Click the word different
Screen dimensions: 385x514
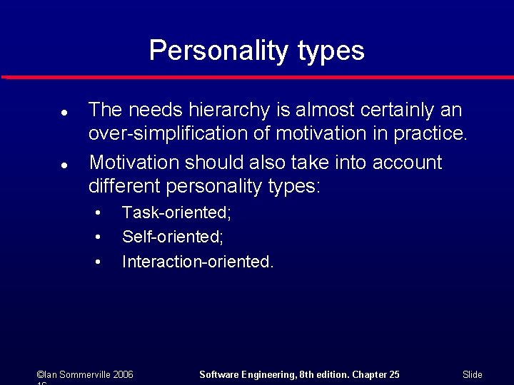pyautogui.click(x=124, y=186)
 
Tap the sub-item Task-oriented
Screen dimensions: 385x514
pyautogui.click(x=176, y=212)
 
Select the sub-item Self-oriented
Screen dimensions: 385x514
pyautogui.click(x=173, y=236)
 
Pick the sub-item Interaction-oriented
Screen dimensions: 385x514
pyautogui.click(x=198, y=262)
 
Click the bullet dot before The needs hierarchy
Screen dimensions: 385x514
pyautogui.click(x=64, y=113)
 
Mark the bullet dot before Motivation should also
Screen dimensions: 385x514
pyautogui.click(x=64, y=165)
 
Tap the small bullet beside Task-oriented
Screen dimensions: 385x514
pyautogui.click(x=98, y=212)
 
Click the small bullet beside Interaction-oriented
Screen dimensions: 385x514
pyautogui.click(x=98, y=262)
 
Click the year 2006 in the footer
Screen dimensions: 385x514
pyautogui.click(x=121, y=374)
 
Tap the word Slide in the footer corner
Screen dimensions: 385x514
pyautogui.click(x=473, y=374)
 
